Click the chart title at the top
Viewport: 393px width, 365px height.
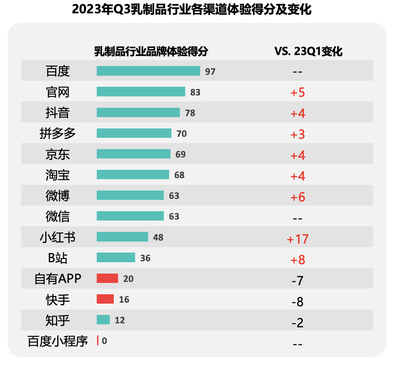pos(191,9)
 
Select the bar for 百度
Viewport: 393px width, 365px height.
pos(148,71)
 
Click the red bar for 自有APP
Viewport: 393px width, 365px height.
pos(107,278)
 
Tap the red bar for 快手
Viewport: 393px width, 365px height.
pos(105,299)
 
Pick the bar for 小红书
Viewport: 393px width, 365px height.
pos(122,237)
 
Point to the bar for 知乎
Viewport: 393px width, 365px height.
pos(103,320)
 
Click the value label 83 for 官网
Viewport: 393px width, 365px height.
pos(195,92)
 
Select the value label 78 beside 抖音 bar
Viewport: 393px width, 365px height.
pos(190,113)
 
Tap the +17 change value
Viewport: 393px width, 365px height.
pos(298,239)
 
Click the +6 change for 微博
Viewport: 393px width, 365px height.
pos(298,197)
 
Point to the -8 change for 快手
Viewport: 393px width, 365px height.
pos(298,302)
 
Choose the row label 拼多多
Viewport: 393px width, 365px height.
pos(58,133)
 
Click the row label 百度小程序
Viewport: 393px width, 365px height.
pos(58,341)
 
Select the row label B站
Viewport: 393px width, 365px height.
pos(58,258)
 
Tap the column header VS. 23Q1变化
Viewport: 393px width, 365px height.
pos(308,51)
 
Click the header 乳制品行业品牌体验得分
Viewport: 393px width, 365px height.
pos(151,51)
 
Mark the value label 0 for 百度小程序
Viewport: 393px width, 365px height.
pos(104,341)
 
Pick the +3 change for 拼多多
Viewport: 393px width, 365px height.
pos(298,134)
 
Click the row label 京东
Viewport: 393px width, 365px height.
pos(58,154)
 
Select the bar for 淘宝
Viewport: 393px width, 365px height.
pos(133,174)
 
